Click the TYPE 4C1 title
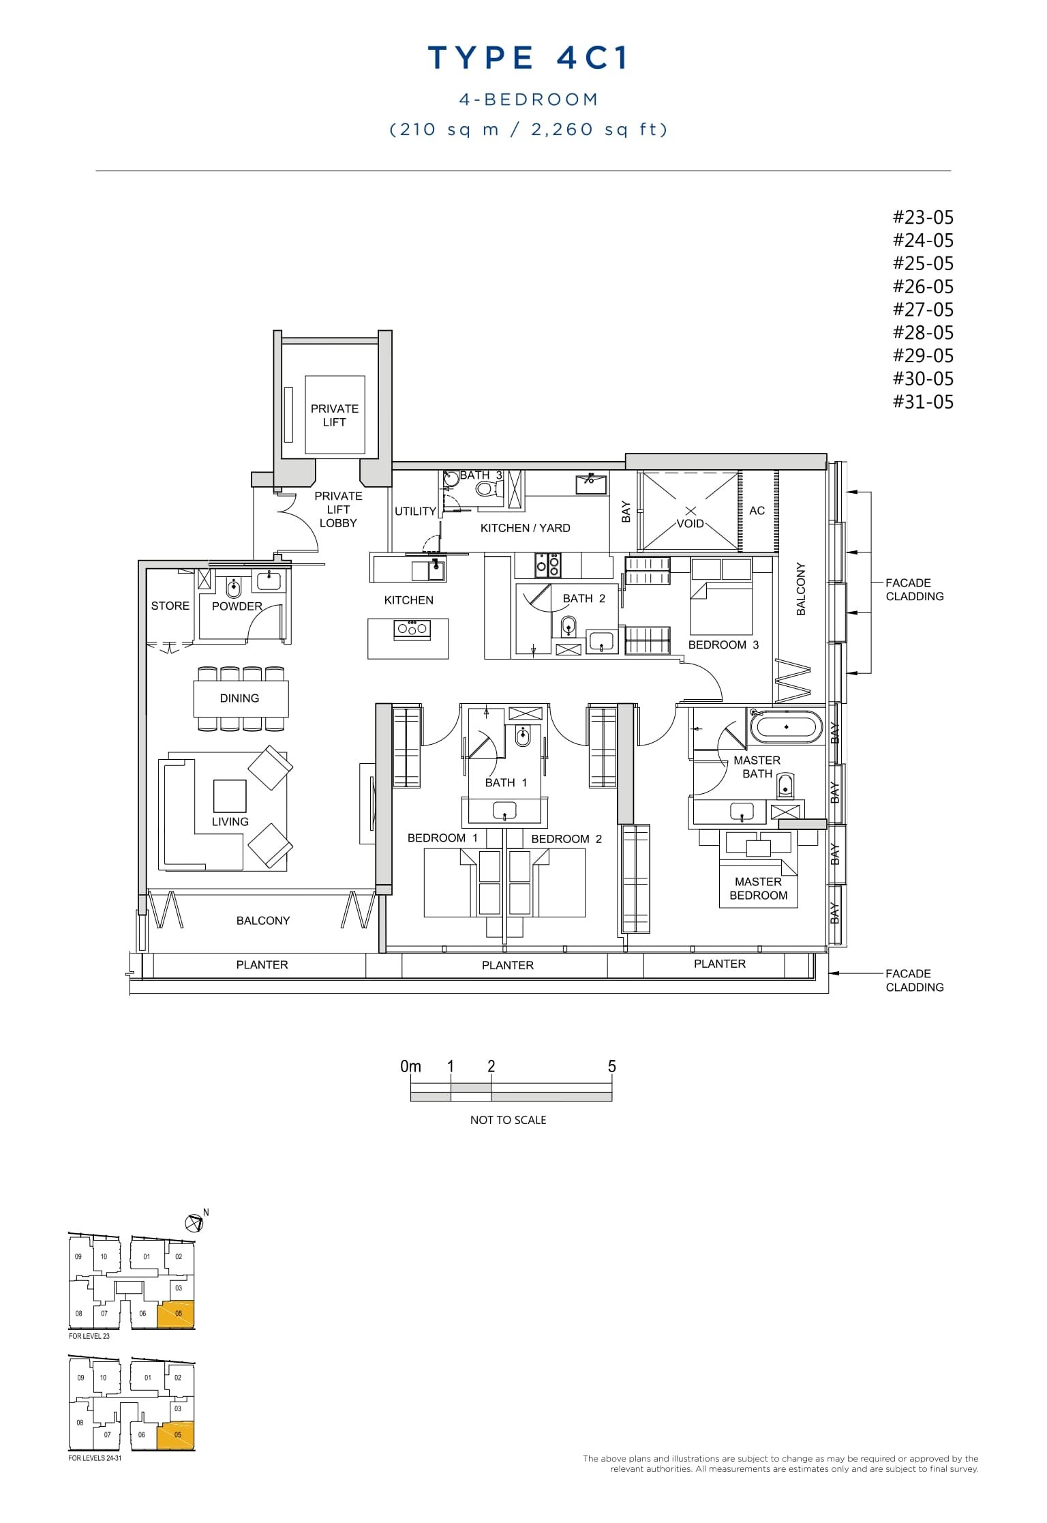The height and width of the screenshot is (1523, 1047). (x=528, y=58)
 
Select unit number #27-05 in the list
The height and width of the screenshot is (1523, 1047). (x=923, y=310)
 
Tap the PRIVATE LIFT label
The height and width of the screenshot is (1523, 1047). (x=334, y=415)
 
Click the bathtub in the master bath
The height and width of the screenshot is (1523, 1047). (x=786, y=727)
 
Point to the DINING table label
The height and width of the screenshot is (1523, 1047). (x=239, y=698)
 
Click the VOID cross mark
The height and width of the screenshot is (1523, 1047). (x=690, y=511)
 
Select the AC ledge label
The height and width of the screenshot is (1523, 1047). (x=757, y=511)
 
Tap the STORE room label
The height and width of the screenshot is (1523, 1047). (x=170, y=606)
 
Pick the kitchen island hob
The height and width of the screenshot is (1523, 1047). (x=411, y=629)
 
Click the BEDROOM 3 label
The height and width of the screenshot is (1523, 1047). (x=723, y=645)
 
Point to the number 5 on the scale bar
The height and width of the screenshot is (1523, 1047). (x=611, y=1067)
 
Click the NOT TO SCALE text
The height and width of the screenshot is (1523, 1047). (x=508, y=1120)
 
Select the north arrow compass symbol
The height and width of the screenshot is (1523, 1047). (x=195, y=1224)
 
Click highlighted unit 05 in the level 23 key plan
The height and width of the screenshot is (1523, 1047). (x=176, y=1314)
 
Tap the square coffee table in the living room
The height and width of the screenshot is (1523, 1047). (x=230, y=795)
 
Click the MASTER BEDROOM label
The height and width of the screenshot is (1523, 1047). (x=758, y=889)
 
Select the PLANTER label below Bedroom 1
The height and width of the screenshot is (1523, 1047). (x=507, y=965)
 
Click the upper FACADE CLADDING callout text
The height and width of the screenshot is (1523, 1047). (x=914, y=589)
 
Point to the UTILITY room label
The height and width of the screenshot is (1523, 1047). (x=415, y=512)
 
